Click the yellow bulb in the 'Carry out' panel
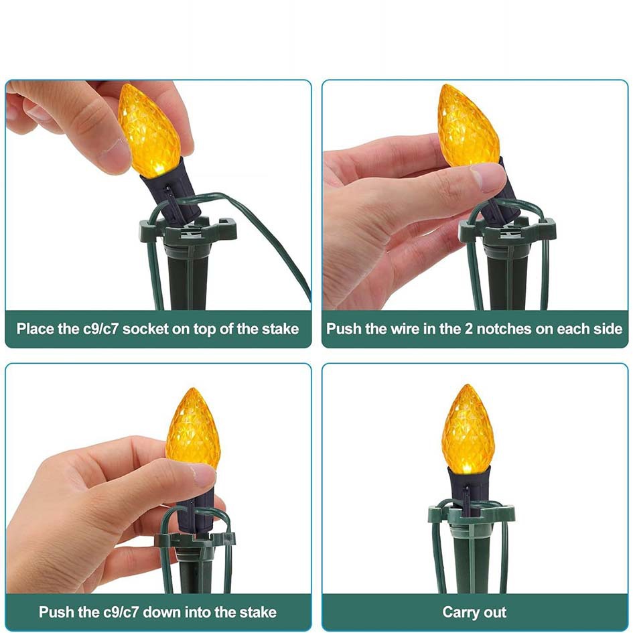pyautogui.click(x=468, y=429)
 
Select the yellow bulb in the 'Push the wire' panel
pyautogui.click(x=468, y=126)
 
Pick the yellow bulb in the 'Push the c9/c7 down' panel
pyautogui.click(x=193, y=429)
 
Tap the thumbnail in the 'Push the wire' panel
pyautogui.click(x=488, y=178)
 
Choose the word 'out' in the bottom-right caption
pyautogui.click(x=495, y=612)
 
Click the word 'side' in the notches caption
pyautogui.click(x=608, y=329)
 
